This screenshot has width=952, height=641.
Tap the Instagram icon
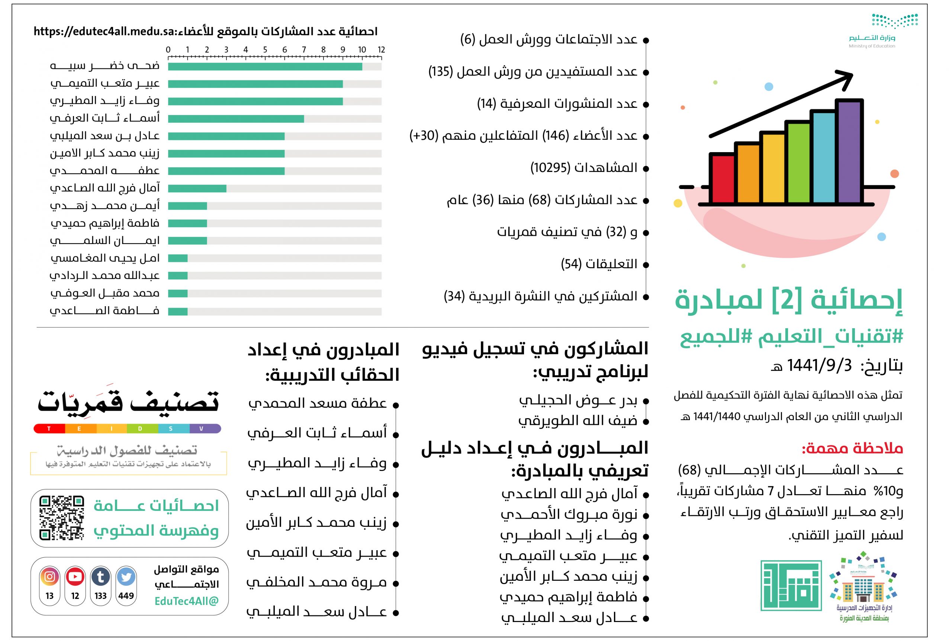pyautogui.click(x=50, y=577)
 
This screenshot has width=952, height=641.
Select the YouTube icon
pyautogui.click(x=75, y=577)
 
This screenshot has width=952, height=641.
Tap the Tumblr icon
pyautogui.click(x=100, y=577)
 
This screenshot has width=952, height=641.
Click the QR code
pyautogui.click(x=62, y=518)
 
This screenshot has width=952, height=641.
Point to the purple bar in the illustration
pyautogui.click(x=849, y=151)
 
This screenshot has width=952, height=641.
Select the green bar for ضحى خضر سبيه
pyautogui.click(x=265, y=67)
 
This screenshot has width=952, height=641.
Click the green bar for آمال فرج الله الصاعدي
pyautogui.click(x=197, y=189)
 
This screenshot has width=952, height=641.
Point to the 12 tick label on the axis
pyautogui.click(x=381, y=49)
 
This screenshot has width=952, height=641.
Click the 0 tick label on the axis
pyautogui.click(x=168, y=49)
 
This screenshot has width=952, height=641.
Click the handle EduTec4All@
pyautogui.click(x=186, y=601)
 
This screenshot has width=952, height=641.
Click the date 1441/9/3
pyautogui.click(x=819, y=365)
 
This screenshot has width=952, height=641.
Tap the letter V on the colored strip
pyautogui.click(x=201, y=429)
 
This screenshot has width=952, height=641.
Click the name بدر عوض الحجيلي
pyautogui.click(x=578, y=401)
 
